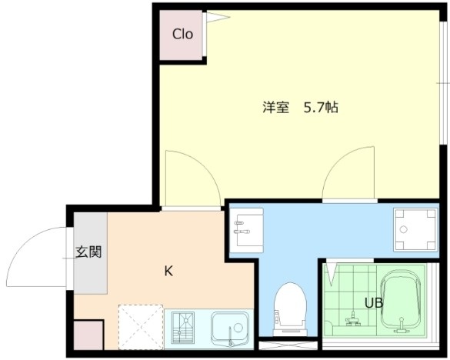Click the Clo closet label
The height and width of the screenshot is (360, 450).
[x=182, y=34]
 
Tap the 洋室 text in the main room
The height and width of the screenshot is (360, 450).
[x=274, y=108]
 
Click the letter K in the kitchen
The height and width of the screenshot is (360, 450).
[x=168, y=271]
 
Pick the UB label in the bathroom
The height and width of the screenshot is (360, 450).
[x=375, y=302]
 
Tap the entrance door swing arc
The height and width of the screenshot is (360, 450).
[x=35, y=254]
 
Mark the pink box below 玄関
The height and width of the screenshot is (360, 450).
[x=88, y=335]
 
